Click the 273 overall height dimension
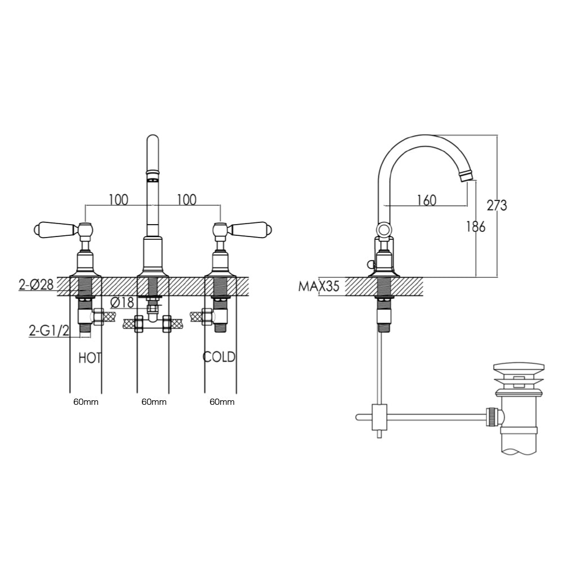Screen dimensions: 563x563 pos(497,205)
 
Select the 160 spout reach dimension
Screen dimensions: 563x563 pos(426,200)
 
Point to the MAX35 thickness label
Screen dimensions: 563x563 pos(319,287)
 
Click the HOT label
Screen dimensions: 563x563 pos(90,357)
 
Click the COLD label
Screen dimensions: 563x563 pos(219,357)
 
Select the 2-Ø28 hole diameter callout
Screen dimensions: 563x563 pos(36,285)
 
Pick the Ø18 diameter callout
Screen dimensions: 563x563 pos(122,302)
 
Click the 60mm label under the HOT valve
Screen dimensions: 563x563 pos(85,402)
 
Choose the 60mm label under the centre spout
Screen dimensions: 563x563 pos(153,402)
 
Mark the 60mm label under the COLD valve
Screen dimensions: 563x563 pos(222,402)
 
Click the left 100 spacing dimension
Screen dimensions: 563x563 pos(118,199)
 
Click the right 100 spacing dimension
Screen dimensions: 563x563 pos(186,199)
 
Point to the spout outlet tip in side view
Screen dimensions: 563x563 pos(465,176)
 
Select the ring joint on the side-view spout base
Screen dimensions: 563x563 pos(383,229)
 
